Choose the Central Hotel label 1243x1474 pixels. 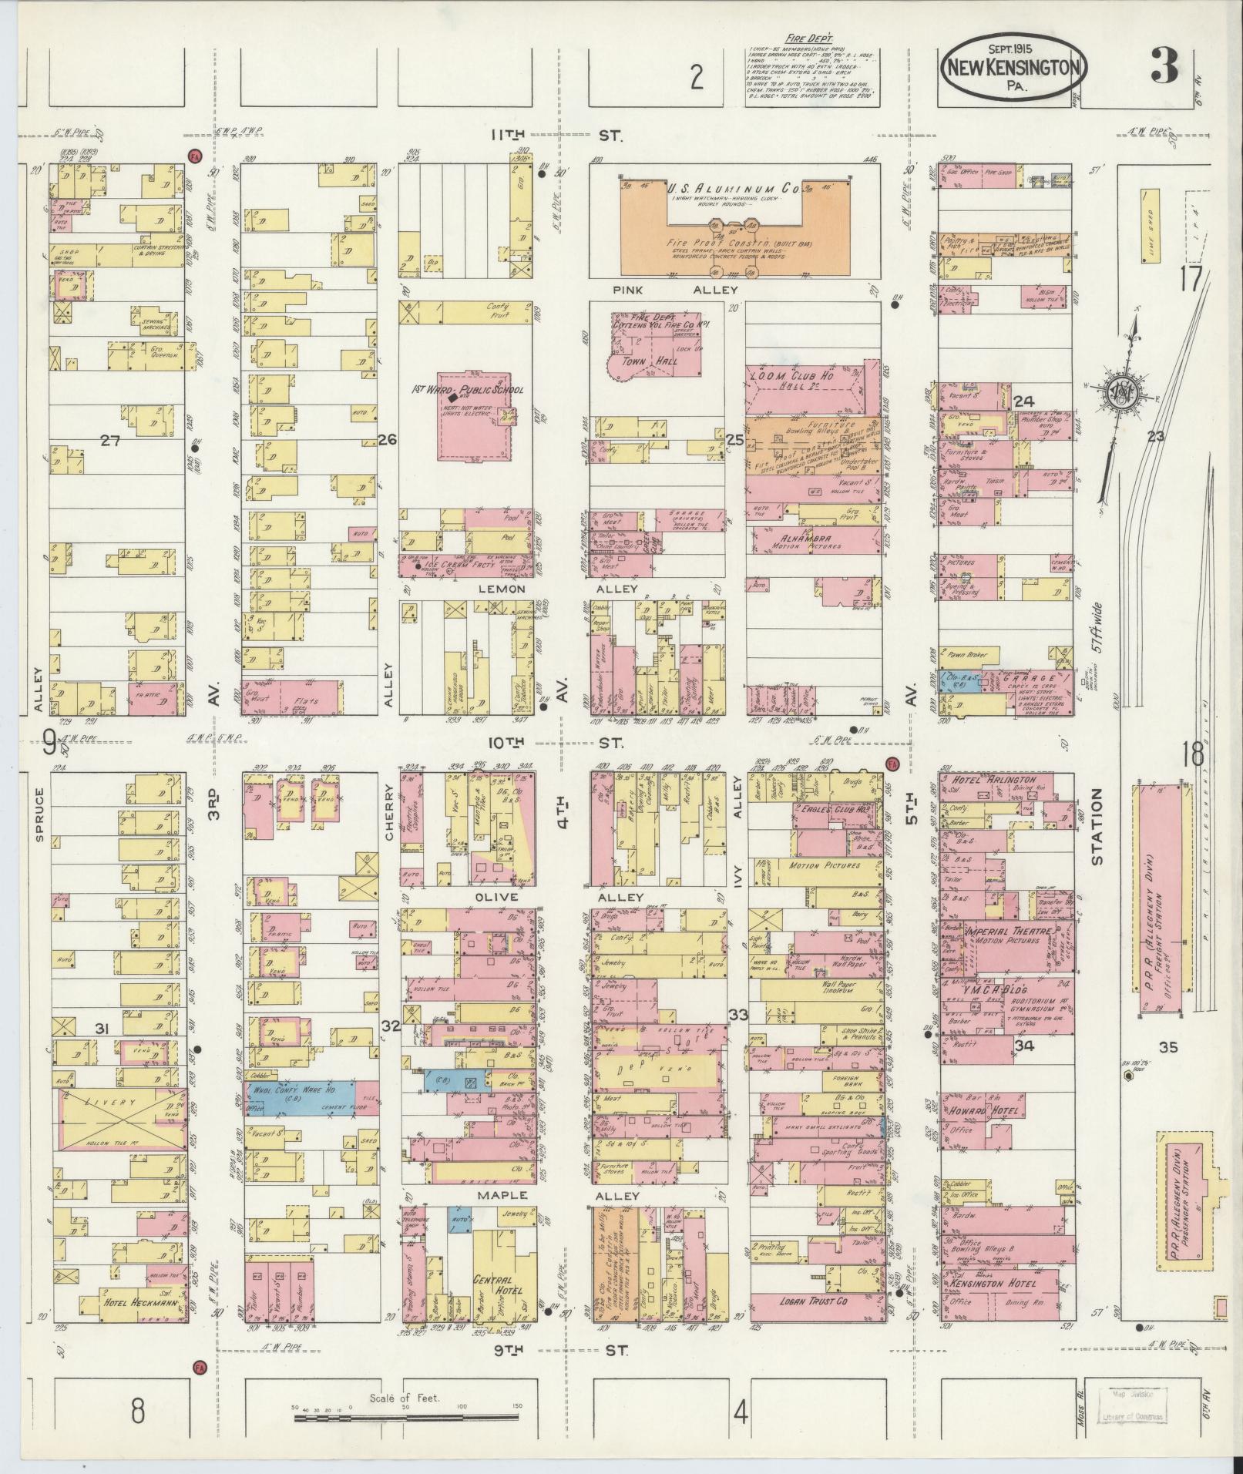[497, 1284]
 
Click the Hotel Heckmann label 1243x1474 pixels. [129, 1304]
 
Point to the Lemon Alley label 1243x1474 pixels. [501, 589]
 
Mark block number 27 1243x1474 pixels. [112, 440]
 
